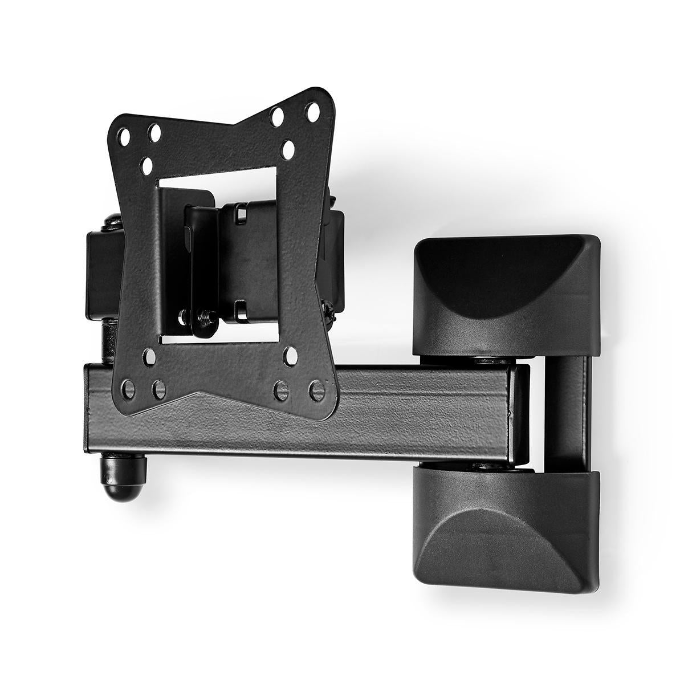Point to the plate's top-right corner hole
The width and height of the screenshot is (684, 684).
click(312, 112)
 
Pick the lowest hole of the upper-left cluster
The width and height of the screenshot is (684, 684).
click(148, 166)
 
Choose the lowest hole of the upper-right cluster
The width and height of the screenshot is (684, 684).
click(288, 150)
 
